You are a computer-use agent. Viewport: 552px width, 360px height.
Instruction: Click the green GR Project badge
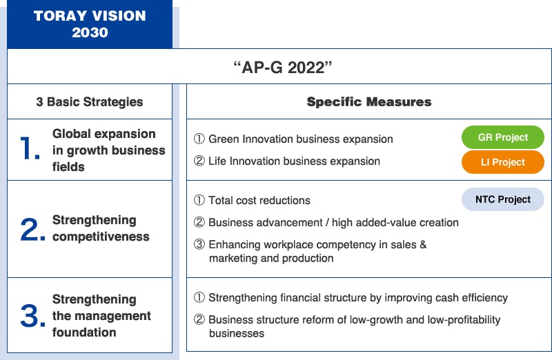[x=503, y=137]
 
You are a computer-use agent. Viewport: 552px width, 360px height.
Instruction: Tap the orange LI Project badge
[x=503, y=162]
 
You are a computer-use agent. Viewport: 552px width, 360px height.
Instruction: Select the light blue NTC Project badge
[x=503, y=199]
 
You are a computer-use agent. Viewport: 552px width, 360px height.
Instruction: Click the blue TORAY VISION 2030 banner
[x=90, y=24]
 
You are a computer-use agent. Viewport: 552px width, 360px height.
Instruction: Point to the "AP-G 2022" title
[x=283, y=67]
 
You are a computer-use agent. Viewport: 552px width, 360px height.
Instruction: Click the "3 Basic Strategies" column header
[x=90, y=101]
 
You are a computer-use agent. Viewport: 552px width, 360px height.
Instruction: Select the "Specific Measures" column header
[x=369, y=101]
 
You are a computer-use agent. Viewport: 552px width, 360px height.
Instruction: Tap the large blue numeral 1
[x=30, y=148]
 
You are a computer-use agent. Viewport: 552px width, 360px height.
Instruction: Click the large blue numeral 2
[x=32, y=230]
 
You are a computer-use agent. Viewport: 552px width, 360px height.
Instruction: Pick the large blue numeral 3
[x=32, y=315]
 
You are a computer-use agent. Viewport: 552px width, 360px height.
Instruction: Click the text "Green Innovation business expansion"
[x=301, y=139]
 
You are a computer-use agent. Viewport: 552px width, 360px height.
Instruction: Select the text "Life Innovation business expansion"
[x=295, y=161]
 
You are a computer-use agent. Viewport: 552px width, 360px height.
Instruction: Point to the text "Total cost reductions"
[x=259, y=200]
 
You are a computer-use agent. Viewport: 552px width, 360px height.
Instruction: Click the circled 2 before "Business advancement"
[x=199, y=222]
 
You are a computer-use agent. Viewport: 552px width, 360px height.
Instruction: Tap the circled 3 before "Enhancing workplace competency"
[x=199, y=244]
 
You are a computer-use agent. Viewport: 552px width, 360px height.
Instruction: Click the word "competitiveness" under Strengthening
[x=101, y=237]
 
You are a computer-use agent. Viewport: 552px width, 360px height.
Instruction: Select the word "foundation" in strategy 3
[x=84, y=332]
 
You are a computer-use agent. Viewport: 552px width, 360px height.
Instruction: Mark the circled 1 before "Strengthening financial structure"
[x=199, y=297]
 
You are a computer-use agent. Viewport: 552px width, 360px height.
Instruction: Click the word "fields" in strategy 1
[x=68, y=166]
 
